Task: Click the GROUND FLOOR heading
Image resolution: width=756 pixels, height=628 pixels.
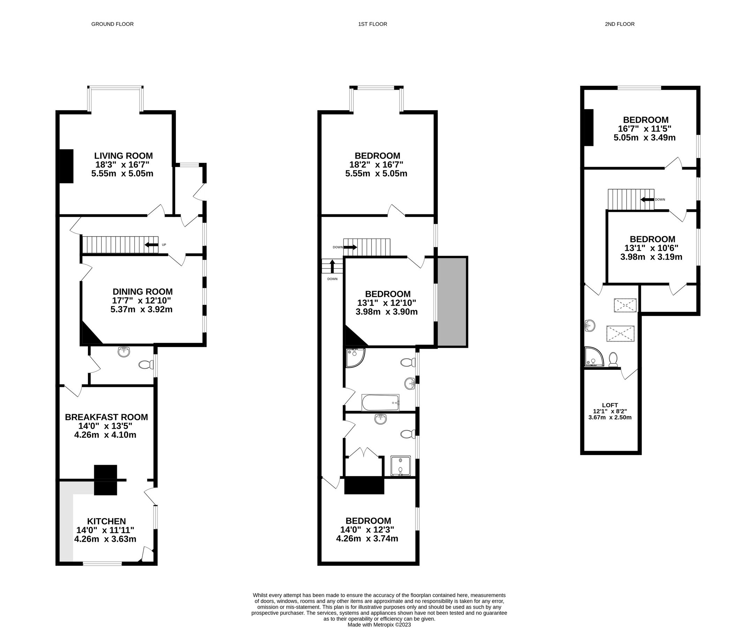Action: (x=112, y=24)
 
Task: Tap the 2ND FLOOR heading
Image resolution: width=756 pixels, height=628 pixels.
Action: (x=619, y=24)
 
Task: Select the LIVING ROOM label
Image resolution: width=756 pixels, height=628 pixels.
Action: (x=123, y=156)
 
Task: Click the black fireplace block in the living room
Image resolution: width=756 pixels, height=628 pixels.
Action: (x=66, y=166)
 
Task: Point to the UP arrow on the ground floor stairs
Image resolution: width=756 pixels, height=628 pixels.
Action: (x=151, y=245)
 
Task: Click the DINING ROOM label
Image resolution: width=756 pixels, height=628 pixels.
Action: (x=143, y=292)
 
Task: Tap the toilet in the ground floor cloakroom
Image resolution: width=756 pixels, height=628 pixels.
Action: (x=145, y=365)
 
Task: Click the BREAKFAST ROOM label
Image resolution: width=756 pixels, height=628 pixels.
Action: (x=106, y=417)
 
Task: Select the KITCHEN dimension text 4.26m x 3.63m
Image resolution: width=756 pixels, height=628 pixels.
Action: (x=105, y=539)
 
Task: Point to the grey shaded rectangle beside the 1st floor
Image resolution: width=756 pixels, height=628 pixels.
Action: (x=452, y=302)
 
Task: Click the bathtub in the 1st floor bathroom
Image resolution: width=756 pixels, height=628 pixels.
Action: (x=380, y=403)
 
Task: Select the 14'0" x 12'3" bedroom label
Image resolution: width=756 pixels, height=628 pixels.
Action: (x=368, y=521)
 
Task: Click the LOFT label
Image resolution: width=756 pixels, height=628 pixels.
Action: (x=610, y=405)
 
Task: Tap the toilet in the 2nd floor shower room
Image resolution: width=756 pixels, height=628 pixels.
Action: (x=613, y=359)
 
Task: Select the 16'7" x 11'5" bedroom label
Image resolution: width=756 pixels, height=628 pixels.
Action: (x=645, y=120)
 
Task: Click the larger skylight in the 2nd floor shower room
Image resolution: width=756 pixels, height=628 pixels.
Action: (x=620, y=334)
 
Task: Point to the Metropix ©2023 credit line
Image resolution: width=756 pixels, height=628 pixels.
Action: (x=379, y=625)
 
